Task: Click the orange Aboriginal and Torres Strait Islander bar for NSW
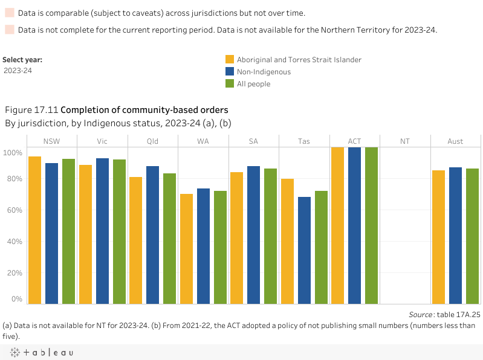[34, 230]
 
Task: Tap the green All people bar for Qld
[169, 239]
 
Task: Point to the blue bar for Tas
[304, 250]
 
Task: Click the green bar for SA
[270, 236]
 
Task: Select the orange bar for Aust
[438, 237]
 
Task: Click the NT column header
[404, 141]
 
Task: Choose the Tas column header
[304, 141]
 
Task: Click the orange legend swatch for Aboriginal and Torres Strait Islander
[230, 59]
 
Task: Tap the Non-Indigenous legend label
[264, 72]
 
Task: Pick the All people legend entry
[253, 84]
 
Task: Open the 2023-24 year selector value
[18, 71]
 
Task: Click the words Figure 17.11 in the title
[31, 111]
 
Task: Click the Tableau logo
[42, 352]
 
